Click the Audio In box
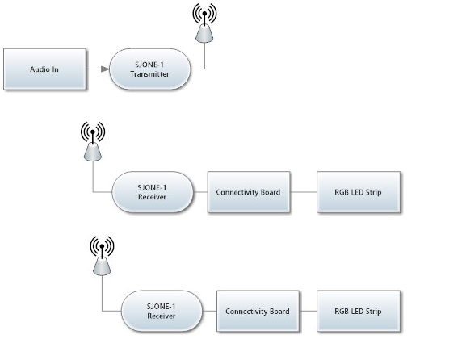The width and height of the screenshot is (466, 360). [45, 69]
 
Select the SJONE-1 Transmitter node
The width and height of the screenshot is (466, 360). [150, 69]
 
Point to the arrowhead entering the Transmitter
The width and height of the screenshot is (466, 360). [105, 69]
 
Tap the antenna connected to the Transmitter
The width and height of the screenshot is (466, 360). [204, 23]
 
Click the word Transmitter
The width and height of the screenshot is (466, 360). [149, 74]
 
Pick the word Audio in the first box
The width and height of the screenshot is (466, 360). [36, 69]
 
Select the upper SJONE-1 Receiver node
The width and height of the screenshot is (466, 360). [153, 192]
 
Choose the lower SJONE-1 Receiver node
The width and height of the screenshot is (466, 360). [162, 311]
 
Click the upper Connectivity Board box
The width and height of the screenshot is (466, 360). [249, 192]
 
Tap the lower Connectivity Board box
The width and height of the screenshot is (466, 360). [258, 311]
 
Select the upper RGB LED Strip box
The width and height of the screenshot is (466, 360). [359, 192]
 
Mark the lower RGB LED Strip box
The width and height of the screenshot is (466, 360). [359, 311]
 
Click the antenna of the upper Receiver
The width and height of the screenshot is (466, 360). [93, 142]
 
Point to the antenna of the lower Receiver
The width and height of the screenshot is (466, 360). [102, 256]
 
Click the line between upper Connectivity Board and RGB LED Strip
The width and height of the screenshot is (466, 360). [304, 192]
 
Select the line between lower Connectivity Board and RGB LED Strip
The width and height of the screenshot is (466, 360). [309, 311]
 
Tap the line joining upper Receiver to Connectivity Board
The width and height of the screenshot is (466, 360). [200, 192]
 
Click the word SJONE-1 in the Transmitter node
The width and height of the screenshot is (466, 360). [149, 65]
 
